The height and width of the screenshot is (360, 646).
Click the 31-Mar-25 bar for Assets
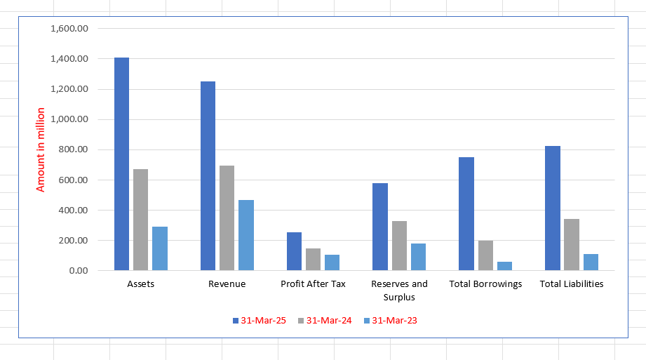(x=121, y=164)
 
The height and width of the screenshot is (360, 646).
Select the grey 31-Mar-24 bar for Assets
(x=140, y=220)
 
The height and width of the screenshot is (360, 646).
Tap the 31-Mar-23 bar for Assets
(x=160, y=248)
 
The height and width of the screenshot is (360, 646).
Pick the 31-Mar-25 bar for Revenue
(x=208, y=176)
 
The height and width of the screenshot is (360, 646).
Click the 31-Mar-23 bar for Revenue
(x=246, y=235)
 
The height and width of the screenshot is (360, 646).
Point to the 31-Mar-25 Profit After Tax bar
(x=293, y=251)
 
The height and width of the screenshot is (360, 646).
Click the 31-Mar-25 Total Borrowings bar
(x=466, y=214)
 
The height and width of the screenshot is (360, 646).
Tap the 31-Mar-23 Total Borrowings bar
(x=504, y=266)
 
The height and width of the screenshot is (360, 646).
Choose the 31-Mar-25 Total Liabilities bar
(x=552, y=208)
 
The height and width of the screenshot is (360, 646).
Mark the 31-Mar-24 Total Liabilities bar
(x=571, y=245)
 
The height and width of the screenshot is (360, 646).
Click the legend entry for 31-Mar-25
(x=259, y=321)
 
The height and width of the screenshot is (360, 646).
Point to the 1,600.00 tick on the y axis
(x=69, y=29)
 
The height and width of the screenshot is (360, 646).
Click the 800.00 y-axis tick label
(x=74, y=149)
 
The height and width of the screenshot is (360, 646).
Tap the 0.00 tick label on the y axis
(x=79, y=270)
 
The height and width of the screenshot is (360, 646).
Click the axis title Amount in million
(x=41, y=149)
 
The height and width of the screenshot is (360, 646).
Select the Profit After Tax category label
(x=313, y=284)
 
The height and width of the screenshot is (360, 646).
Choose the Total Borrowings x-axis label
(x=485, y=284)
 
